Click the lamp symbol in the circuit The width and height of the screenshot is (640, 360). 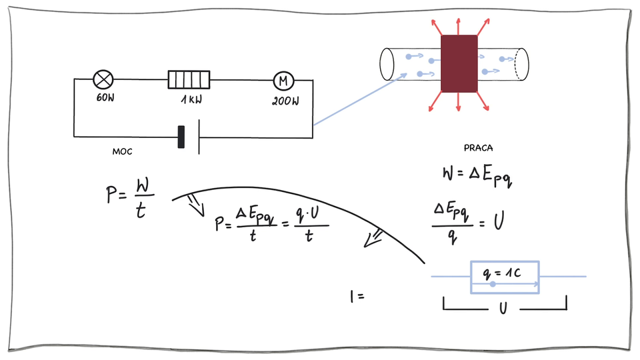pyautogui.click(x=103, y=80)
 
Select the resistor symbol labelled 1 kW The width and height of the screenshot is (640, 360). pyautogui.click(x=189, y=80)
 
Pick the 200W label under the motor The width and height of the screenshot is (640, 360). pyautogui.click(x=285, y=102)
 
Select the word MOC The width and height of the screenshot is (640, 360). pyautogui.click(x=122, y=152)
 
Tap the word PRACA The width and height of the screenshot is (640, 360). pyautogui.click(x=477, y=147)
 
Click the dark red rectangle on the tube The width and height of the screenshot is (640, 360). pyautogui.click(x=459, y=64)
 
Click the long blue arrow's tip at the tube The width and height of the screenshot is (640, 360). pyautogui.click(x=407, y=75)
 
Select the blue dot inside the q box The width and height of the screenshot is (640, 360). pyautogui.click(x=493, y=285)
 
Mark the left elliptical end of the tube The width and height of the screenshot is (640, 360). pyautogui.click(x=386, y=64)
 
